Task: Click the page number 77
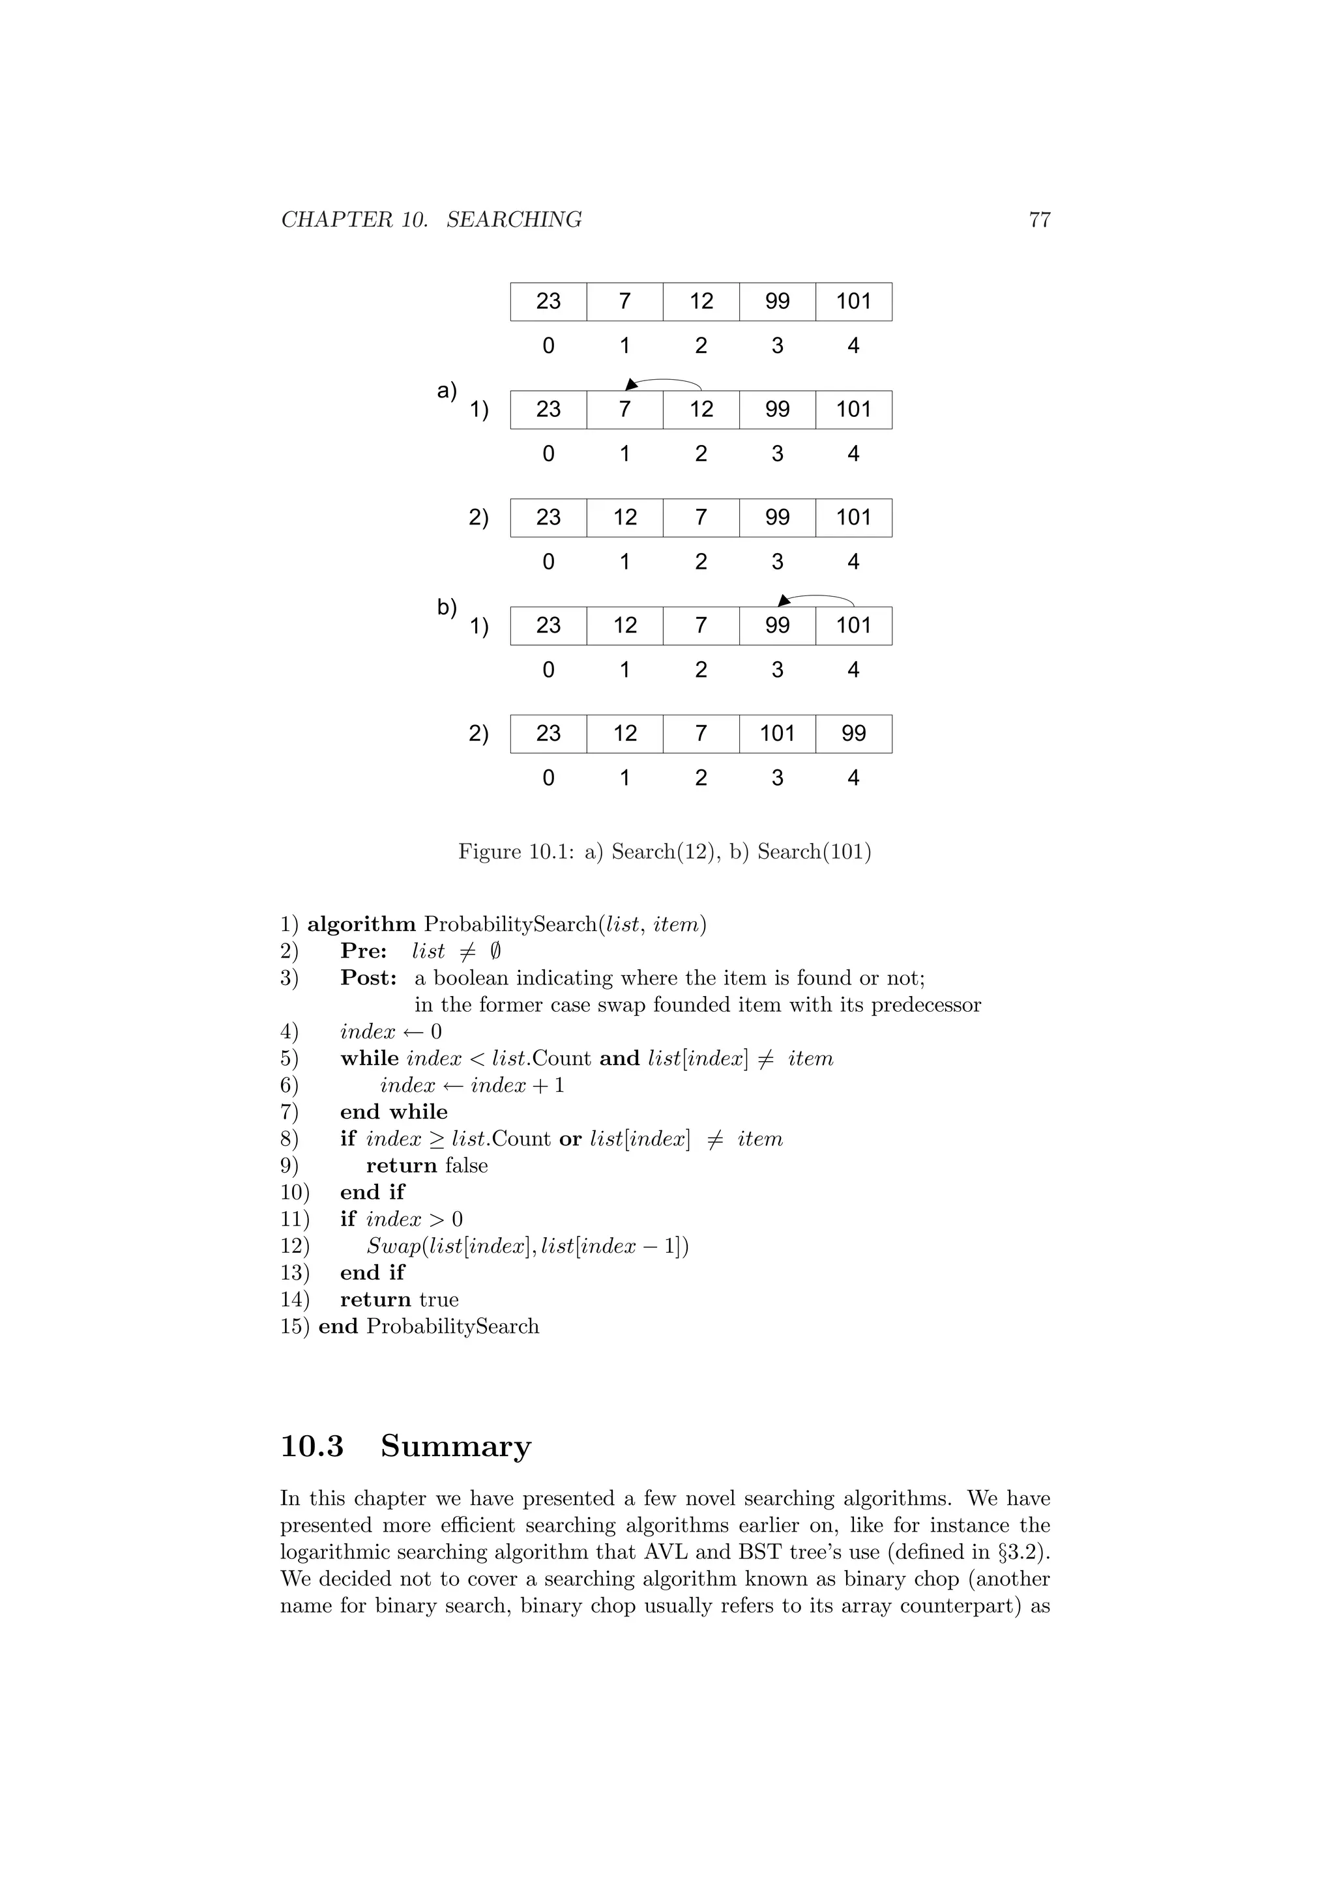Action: coord(1039,220)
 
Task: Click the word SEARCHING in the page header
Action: coord(514,220)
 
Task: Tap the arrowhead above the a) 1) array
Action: coord(631,384)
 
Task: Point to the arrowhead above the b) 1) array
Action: coord(784,600)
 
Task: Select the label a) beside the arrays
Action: coord(447,391)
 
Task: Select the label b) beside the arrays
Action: coord(447,608)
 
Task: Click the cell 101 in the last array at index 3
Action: coord(777,734)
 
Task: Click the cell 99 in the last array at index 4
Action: coord(853,734)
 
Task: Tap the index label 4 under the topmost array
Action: coord(853,345)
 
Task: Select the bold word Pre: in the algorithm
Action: coord(364,951)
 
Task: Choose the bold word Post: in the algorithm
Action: coord(368,979)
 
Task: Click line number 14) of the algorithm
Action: coord(295,1300)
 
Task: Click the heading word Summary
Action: coord(456,1446)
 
